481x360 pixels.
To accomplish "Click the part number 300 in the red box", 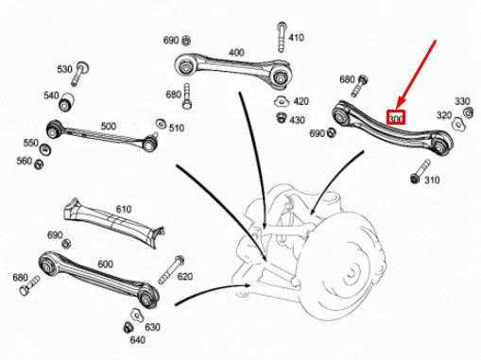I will [x=396, y=118].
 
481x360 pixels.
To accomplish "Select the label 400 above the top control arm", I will [x=236, y=52].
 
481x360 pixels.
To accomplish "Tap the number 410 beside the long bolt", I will [x=297, y=38].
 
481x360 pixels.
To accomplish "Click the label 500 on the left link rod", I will [x=109, y=126].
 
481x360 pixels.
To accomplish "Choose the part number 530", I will [x=65, y=70].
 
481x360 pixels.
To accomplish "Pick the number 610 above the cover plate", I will [x=124, y=209].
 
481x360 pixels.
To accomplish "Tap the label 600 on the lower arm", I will [x=104, y=265].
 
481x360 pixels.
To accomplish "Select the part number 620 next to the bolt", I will [x=184, y=277].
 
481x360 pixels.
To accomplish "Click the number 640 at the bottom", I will [x=137, y=340].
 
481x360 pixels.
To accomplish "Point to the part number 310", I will [x=432, y=180].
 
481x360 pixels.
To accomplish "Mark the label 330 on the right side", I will [x=462, y=101].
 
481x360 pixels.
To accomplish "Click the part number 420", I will [x=301, y=101].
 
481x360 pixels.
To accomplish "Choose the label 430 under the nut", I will [x=297, y=120].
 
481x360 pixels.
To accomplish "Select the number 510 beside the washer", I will [x=176, y=128].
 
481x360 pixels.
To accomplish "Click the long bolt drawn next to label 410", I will [x=281, y=39].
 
